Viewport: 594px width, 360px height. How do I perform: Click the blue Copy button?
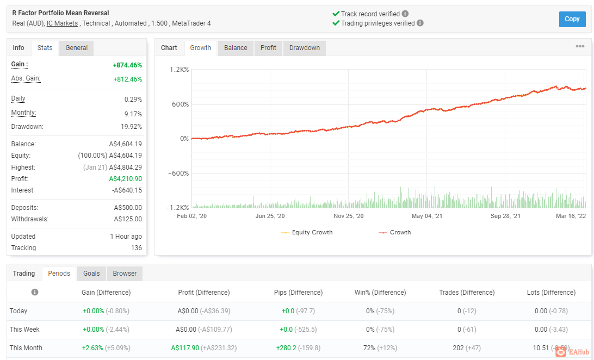[x=572, y=19]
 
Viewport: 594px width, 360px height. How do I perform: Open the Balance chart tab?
[x=236, y=48]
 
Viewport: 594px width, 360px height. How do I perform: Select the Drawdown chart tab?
[x=305, y=48]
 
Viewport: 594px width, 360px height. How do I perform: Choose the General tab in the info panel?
[x=77, y=48]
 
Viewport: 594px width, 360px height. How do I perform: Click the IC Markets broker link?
[x=62, y=23]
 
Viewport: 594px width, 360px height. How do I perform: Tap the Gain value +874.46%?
[x=127, y=65]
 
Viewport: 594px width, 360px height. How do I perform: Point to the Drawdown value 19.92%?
[x=132, y=127]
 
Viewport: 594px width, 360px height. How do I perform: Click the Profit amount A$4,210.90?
[x=126, y=179]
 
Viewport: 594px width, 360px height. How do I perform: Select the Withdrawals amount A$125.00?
[x=128, y=219]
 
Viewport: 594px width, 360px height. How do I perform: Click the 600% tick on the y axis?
[x=181, y=104]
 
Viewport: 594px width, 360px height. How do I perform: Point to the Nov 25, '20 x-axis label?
[x=349, y=216]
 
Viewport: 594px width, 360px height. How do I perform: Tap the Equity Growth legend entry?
[x=307, y=232]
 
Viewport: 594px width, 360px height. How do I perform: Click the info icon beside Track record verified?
[x=405, y=14]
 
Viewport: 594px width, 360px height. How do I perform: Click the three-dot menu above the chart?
[x=580, y=46]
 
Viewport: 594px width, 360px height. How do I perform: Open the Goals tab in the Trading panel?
[x=92, y=274]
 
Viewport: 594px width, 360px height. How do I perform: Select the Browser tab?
[x=125, y=274]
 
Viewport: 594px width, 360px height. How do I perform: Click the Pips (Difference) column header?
[x=298, y=292]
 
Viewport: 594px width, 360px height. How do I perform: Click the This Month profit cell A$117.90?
[x=185, y=348]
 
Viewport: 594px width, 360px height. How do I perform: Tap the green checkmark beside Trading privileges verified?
[x=336, y=23]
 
